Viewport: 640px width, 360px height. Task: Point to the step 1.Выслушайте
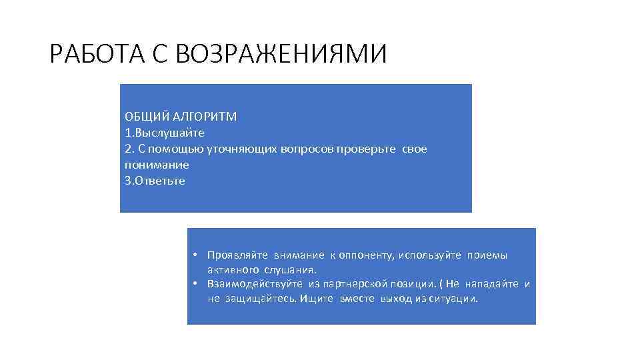[160, 133]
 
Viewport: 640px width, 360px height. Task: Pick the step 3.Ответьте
[155, 181]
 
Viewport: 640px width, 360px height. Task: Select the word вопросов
[293, 149]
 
